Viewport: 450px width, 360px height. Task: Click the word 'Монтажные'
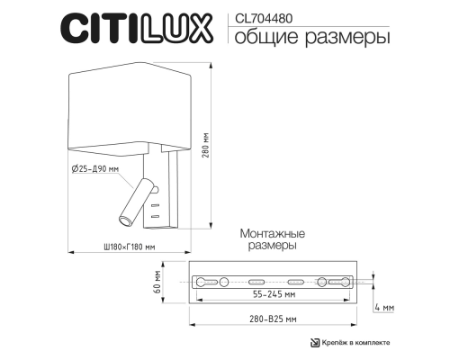(x=270, y=233)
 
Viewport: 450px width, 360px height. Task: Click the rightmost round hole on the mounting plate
(x=322, y=282)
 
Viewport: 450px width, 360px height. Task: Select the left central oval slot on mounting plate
(x=255, y=282)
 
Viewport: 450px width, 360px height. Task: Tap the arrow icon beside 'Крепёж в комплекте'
(x=315, y=343)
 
